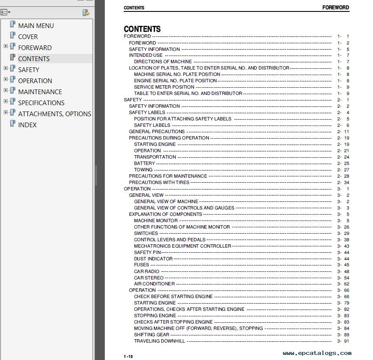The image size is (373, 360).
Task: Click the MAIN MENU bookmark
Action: [x=36, y=25]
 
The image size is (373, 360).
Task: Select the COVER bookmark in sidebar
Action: [x=28, y=36]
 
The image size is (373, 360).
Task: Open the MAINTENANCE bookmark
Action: [x=39, y=92]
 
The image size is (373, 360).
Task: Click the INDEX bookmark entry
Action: [x=27, y=125]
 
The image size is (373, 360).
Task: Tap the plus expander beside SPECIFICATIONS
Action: [x=6, y=101]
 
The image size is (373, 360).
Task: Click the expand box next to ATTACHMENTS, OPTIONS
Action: [x=6, y=112]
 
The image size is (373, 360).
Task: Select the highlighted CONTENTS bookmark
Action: [x=34, y=59]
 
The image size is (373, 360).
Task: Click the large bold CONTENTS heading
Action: [x=142, y=29]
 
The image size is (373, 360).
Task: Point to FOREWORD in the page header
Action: [x=335, y=8]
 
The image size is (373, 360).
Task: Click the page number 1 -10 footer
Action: [x=128, y=356]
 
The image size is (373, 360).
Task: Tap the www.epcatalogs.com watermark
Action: [x=317, y=353]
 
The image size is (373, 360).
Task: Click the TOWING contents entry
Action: [x=143, y=170]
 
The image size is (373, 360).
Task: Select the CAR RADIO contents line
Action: [x=146, y=271]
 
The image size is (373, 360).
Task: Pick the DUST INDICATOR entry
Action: [x=153, y=259]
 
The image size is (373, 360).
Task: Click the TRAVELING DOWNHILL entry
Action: [x=160, y=341]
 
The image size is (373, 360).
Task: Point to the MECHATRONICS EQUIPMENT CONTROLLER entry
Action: [x=182, y=246]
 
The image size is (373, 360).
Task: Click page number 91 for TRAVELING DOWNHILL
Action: [x=346, y=341]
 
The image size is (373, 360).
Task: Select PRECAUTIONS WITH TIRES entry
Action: [x=159, y=182]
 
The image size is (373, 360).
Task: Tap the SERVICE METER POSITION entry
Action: [x=164, y=87]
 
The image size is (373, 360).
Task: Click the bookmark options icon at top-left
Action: [x=6, y=13]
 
